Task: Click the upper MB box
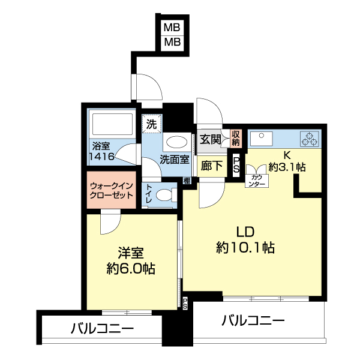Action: tap(173, 28)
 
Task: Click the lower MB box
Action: tap(173, 42)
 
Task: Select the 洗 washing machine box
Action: tap(152, 125)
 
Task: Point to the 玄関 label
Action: tap(211, 140)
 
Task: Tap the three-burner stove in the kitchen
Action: tap(311, 139)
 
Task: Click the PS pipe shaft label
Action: tap(236, 166)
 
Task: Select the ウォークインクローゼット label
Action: tap(113, 190)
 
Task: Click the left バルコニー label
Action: tap(102, 329)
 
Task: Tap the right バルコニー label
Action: tap(253, 321)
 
